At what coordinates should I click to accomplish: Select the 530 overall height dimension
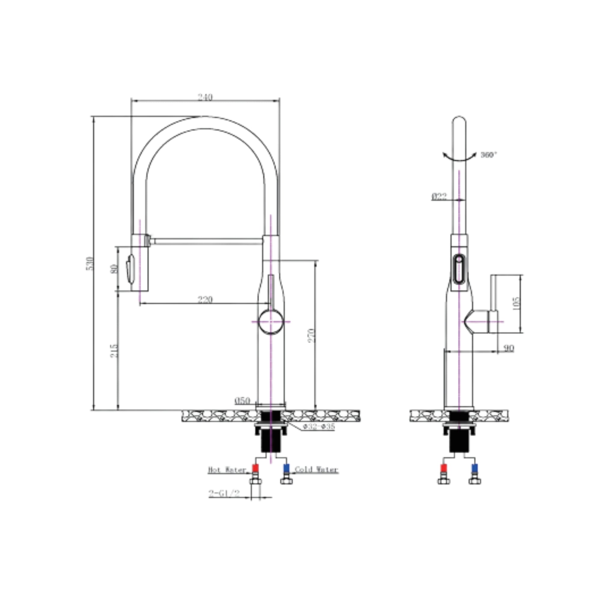[90, 264]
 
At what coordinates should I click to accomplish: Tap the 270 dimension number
[312, 335]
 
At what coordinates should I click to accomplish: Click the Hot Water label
[227, 470]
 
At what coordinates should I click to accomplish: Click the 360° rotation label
[488, 155]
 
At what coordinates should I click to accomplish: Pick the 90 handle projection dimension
[509, 348]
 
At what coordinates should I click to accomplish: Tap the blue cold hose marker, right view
[475, 468]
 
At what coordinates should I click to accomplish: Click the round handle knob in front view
[271, 322]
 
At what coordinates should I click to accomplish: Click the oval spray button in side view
[459, 269]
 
